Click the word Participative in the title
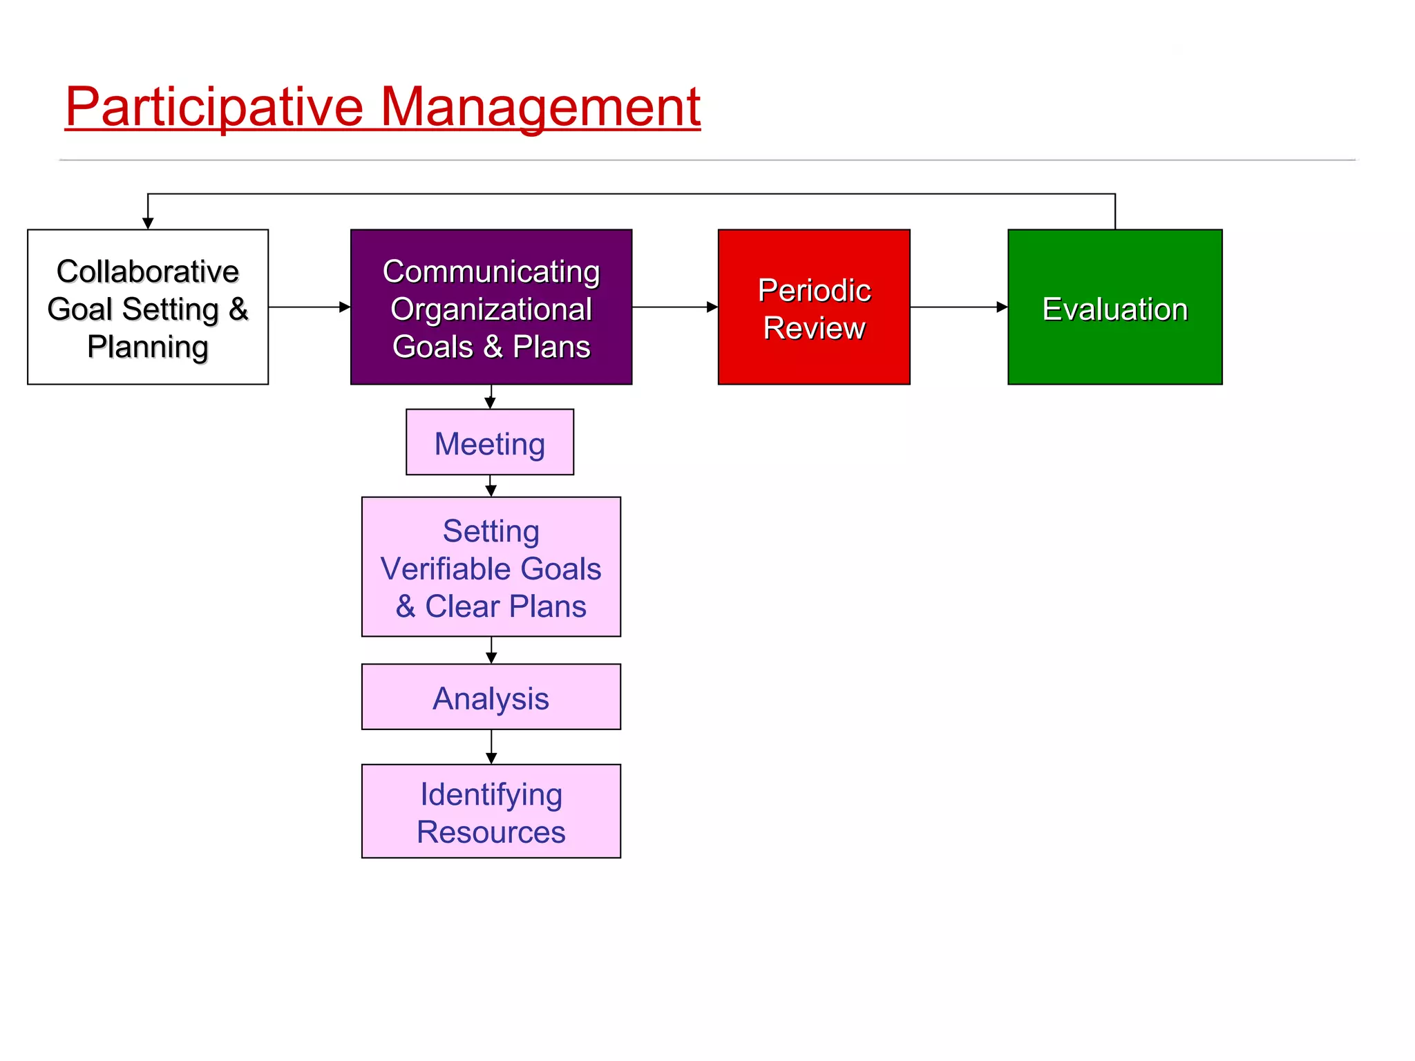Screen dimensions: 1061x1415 pos(214,107)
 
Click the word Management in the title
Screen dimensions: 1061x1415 pos(540,107)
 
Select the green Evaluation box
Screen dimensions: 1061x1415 pos(1114,307)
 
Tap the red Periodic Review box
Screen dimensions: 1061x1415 pos(814,307)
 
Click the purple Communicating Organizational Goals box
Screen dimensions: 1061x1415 pos(491,307)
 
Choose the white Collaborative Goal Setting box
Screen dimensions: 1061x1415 pos(148,307)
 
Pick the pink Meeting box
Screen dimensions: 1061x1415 pos(490,442)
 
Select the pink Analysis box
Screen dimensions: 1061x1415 pos(491,697)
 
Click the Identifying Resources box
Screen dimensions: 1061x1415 pos(491,811)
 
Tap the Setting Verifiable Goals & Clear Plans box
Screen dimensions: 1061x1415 pos(491,566)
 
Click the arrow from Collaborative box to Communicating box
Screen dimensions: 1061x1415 pos(309,307)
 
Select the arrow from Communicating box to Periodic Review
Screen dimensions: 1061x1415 pos(675,307)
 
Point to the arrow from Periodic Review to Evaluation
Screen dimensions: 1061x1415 pos(958,307)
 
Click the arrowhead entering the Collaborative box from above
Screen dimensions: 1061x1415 pos(148,222)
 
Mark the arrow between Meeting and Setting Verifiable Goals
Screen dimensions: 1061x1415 pos(491,486)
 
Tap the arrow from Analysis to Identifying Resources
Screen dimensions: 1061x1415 pos(491,747)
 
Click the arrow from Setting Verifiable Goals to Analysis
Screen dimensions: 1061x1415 pos(491,651)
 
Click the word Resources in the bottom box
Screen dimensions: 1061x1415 pos(491,832)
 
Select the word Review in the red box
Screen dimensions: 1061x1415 pos(814,327)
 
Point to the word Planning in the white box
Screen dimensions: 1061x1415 pos(148,346)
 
